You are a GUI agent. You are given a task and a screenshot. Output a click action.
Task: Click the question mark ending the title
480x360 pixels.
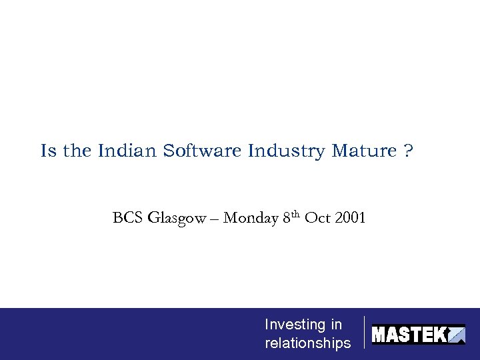pyautogui.click(x=408, y=151)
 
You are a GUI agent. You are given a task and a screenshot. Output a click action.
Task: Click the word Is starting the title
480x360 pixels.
pyautogui.click(x=48, y=151)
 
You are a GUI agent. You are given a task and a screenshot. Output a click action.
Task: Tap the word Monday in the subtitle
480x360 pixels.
pyautogui.click(x=251, y=218)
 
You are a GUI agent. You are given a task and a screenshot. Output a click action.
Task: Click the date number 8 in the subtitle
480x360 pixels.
pyautogui.click(x=287, y=218)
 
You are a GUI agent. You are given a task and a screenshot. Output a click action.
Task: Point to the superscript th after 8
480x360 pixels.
pyautogui.click(x=296, y=214)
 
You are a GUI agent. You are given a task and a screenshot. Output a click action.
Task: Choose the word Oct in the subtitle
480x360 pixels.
pyautogui.click(x=317, y=218)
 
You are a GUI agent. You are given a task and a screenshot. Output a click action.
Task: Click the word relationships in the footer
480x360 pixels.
pyautogui.click(x=307, y=343)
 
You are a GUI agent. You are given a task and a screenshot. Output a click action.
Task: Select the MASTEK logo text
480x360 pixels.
pyautogui.click(x=408, y=334)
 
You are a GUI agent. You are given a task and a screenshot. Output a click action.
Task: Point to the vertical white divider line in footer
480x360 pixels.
pyautogui.click(x=365, y=333)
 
